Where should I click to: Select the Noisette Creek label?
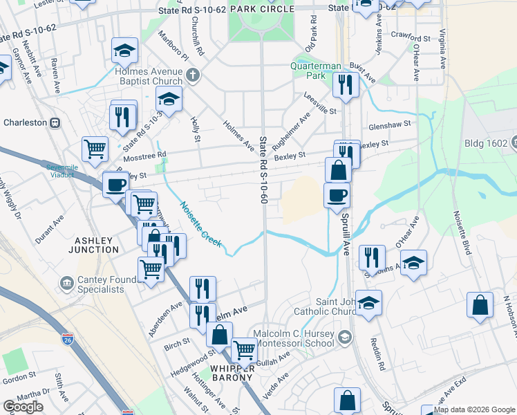pos(200,225)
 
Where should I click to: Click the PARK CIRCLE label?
pos(262,9)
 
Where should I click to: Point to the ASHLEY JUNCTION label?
pos(93,244)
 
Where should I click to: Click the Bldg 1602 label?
pos(496,144)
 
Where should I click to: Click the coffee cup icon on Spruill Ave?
pos(337,195)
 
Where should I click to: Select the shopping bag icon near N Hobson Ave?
pos(480,305)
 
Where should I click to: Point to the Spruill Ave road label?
pos(344,232)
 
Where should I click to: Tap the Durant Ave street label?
pos(50,229)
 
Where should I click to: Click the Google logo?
pos(23,407)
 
